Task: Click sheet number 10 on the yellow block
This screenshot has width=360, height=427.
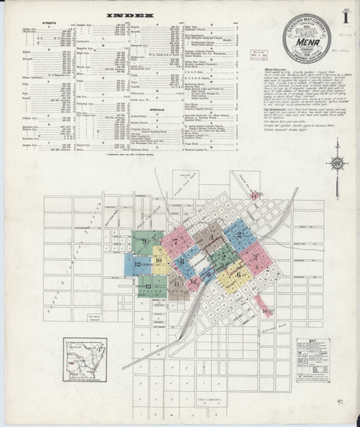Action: click(x=158, y=260)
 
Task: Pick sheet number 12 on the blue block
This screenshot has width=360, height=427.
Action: click(x=137, y=264)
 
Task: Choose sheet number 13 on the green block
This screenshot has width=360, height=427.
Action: click(x=148, y=287)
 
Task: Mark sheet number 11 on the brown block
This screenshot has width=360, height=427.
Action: click(x=176, y=284)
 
